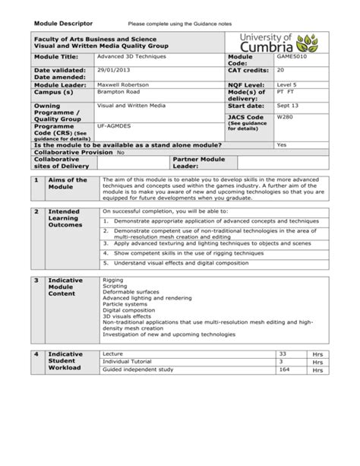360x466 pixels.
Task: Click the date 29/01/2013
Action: [112, 70]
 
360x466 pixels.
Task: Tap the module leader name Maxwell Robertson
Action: [124, 84]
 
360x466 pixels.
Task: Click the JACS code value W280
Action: [285, 118]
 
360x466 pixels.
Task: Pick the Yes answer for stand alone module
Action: [282, 144]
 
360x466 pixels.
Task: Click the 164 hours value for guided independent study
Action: [285, 369]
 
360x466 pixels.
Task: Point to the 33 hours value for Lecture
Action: [283, 353]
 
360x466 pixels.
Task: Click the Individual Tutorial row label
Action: [127, 362]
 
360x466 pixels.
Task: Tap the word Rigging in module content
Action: [112, 280]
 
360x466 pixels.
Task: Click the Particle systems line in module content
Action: [124, 304]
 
